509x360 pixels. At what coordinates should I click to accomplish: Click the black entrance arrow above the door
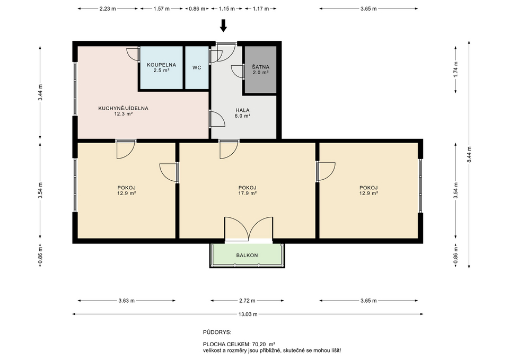[223, 25]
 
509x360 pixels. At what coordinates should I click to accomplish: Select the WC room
[197, 67]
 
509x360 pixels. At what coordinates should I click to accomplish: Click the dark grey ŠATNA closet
[260, 69]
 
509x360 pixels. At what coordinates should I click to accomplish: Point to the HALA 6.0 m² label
[242, 113]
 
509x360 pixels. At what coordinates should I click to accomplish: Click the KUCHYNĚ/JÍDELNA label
[124, 108]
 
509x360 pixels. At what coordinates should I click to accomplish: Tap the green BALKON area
[247, 255]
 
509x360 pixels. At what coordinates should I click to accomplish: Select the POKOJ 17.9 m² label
[248, 190]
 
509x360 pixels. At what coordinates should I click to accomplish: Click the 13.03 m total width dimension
[248, 314]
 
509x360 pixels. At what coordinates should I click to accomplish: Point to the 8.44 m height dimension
[469, 154]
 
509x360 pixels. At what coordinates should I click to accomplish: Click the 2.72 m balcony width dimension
[247, 301]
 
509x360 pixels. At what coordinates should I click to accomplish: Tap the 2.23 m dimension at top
[108, 9]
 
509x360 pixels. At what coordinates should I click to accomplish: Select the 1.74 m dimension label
[456, 69]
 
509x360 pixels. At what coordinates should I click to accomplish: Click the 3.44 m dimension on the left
[40, 92]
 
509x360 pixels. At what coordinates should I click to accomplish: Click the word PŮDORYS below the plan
[217, 332]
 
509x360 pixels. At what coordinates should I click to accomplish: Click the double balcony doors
[249, 229]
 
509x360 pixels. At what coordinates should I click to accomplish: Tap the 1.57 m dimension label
[161, 9]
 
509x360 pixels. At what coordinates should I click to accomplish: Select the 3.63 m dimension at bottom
[126, 301]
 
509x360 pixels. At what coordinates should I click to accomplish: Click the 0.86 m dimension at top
[197, 9]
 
